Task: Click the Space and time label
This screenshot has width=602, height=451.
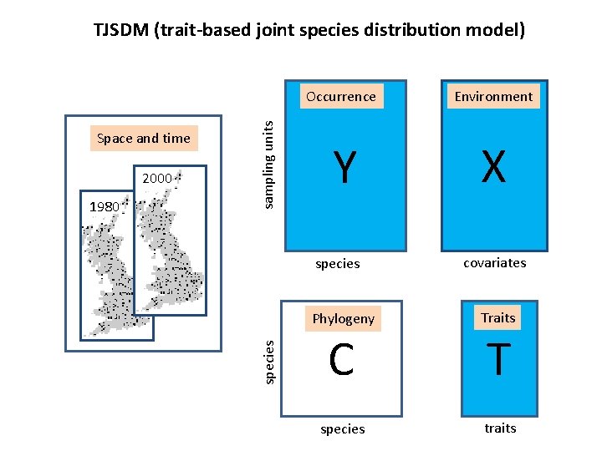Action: pos(144,139)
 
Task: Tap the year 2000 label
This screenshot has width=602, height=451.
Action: pos(157,178)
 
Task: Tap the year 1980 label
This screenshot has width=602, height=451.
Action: pos(105,206)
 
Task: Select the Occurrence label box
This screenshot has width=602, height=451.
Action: pos(341,96)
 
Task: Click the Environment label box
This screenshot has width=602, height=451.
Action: pos(493,96)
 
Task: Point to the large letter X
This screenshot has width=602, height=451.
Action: pos(493,167)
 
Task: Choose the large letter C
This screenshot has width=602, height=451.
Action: pos(341,360)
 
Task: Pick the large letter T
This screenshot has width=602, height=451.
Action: pos(498,360)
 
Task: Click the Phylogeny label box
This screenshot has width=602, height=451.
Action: pos(343,318)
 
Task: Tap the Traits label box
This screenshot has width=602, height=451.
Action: pos(498,317)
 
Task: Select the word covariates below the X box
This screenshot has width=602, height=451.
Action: pos(495,262)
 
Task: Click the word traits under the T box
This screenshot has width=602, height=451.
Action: pos(500,428)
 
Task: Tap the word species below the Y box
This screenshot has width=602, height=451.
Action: pos(337,264)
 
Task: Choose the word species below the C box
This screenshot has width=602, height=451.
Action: pos(343,428)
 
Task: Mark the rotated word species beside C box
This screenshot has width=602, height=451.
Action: pos(268,361)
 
